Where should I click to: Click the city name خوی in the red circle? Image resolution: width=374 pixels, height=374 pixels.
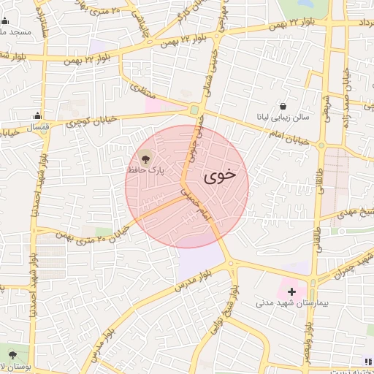[221, 176]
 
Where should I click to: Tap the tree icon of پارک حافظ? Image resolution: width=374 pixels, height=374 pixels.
[145, 158]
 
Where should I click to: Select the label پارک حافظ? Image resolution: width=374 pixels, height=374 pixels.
[145, 170]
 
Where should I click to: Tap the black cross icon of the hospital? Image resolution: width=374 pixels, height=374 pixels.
[292, 291]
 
